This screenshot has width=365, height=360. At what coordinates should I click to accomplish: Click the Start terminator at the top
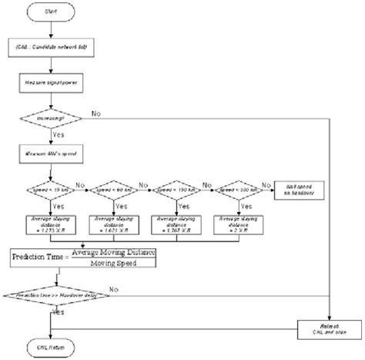click(x=51, y=12)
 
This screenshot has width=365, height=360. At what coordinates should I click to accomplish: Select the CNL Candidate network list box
click(x=51, y=48)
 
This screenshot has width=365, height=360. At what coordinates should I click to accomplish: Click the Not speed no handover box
click(x=297, y=187)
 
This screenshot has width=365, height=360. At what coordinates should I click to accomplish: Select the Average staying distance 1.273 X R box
click(x=50, y=226)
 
